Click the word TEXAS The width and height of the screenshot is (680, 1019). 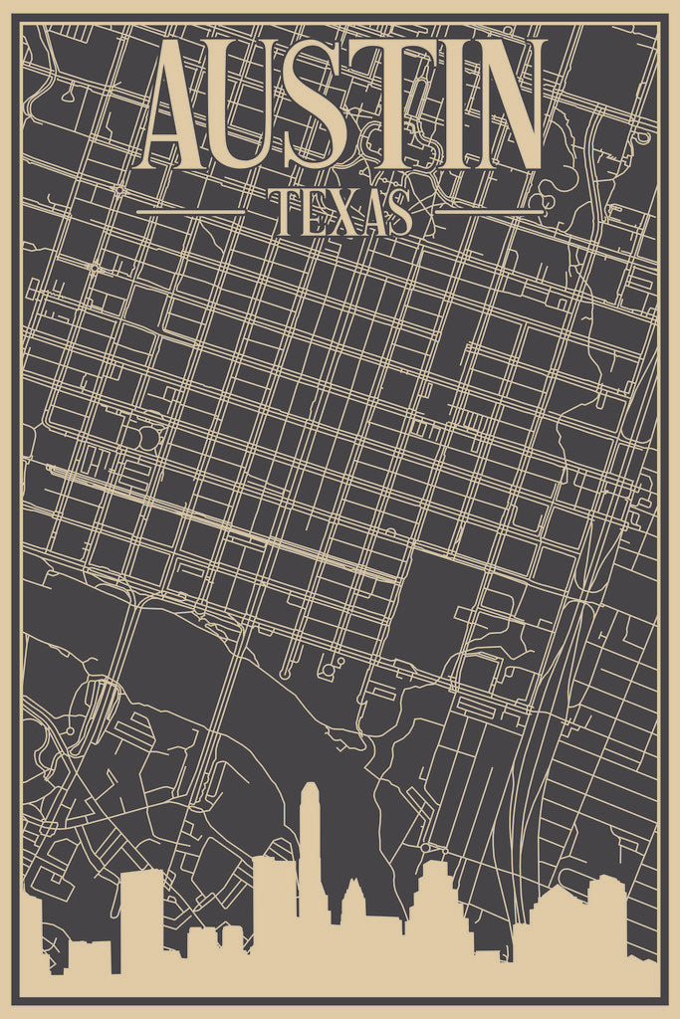(340, 213)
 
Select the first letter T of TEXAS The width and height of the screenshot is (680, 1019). (285, 213)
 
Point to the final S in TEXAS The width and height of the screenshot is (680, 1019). (400, 213)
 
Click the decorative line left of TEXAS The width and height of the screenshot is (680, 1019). (190, 212)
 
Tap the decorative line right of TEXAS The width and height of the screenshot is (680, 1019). (490, 212)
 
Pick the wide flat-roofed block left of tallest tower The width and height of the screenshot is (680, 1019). (274, 901)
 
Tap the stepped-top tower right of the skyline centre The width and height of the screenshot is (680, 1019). (435, 901)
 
